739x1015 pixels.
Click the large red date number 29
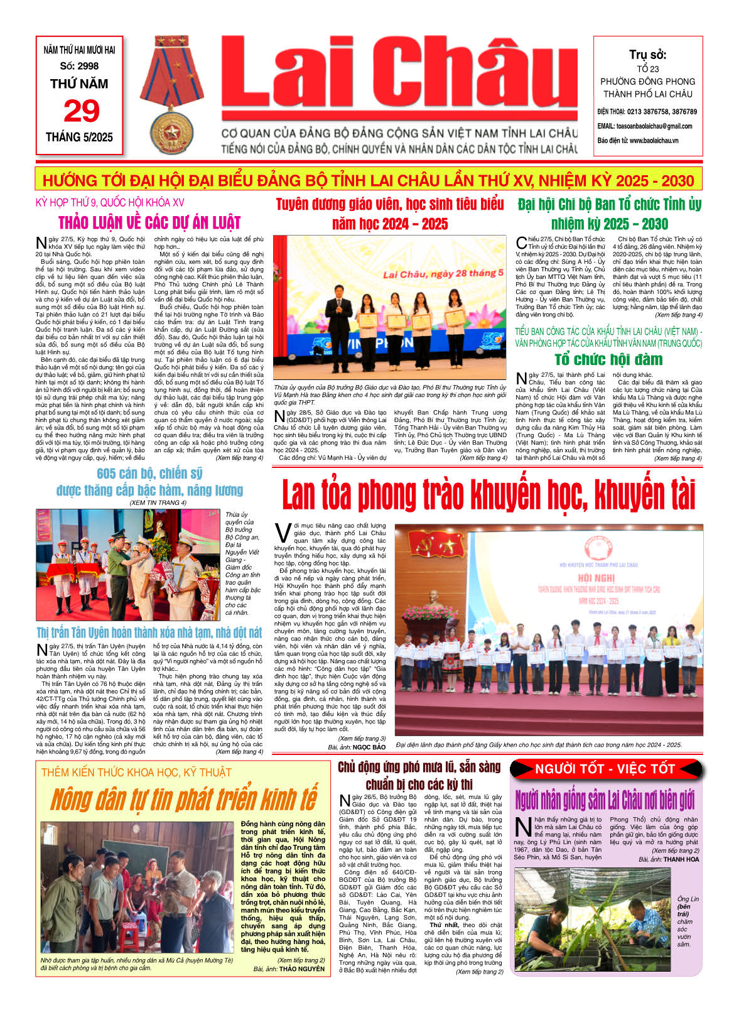coord(81,112)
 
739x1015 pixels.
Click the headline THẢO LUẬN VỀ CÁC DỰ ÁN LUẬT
coord(149,222)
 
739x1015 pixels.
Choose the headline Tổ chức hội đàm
coord(608,359)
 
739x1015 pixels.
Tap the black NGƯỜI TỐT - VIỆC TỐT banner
coord(605,769)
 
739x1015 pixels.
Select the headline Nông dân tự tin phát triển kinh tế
coord(183,800)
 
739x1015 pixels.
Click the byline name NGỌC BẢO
coord(369,747)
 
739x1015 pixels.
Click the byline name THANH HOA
coord(681,859)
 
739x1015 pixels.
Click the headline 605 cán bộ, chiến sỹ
coord(149,474)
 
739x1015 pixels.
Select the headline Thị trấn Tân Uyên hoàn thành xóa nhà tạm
coord(149,632)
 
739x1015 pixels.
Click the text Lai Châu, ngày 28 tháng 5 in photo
coord(443,274)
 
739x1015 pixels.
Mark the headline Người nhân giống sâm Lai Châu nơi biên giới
coord(605,800)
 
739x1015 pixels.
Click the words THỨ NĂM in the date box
coord(79,84)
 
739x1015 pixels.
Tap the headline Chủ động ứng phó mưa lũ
coord(419,767)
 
